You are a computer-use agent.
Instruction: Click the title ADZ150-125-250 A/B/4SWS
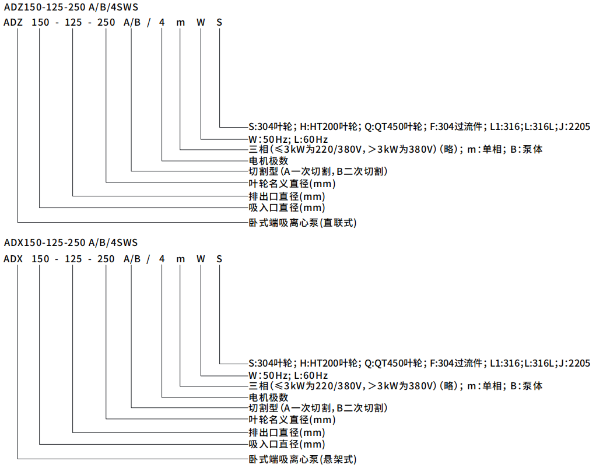click(x=71, y=7)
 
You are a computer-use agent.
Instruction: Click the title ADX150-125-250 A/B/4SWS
click(x=71, y=242)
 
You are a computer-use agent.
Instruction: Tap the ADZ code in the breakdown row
click(x=13, y=23)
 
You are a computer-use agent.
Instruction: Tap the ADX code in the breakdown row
click(x=13, y=259)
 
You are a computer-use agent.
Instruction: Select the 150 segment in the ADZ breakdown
click(x=40, y=23)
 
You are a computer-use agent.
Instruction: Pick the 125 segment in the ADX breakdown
click(x=73, y=259)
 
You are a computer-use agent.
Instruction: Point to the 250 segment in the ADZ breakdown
click(x=106, y=23)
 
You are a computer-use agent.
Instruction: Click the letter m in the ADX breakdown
click(x=181, y=260)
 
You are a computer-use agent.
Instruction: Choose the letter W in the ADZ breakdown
click(x=201, y=23)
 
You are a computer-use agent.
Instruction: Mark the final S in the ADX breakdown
click(x=219, y=259)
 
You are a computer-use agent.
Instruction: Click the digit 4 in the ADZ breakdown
click(x=162, y=23)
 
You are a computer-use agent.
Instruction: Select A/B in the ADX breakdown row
click(x=132, y=259)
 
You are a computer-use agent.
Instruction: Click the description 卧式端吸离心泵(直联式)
click(x=303, y=223)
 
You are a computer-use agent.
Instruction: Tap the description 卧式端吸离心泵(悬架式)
click(x=303, y=460)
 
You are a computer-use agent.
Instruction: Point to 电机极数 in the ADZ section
click(x=268, y=161)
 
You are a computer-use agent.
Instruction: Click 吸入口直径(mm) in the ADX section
click(x=287, y=445)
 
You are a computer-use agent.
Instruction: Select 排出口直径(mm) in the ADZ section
click(x=287, y=197)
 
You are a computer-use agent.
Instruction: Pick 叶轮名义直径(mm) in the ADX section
click(x=292, y=420)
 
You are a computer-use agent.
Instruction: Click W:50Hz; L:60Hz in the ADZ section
click(x=288, y=139)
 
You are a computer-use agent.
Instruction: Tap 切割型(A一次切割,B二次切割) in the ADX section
click(x=318, y=409)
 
